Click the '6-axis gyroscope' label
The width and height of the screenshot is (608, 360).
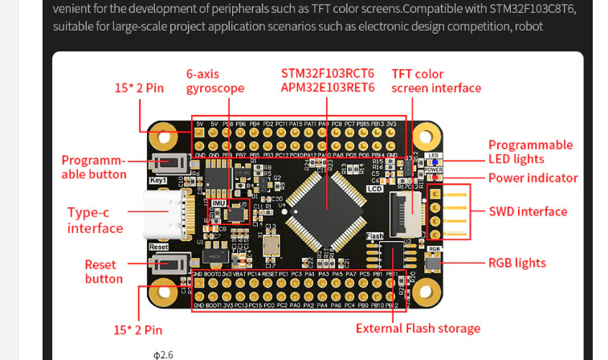click(x=214, y=80)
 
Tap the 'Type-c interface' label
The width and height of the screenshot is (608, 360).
click(x=95, y=220)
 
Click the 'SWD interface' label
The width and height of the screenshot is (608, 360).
click(x=528, y=212)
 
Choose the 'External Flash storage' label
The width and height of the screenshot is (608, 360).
click(x=418, y=328)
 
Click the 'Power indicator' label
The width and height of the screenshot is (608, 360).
click(x=533, y=178)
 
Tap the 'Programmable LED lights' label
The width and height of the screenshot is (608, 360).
click(x=530, y=152)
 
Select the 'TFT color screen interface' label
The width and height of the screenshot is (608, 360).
click(x=435, y=81)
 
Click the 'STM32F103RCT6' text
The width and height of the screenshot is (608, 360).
click(x=328, y=73)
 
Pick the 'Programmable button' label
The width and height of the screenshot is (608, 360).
click(x=94, y=167)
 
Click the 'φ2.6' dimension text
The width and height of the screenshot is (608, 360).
click(x=163, y=354)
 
